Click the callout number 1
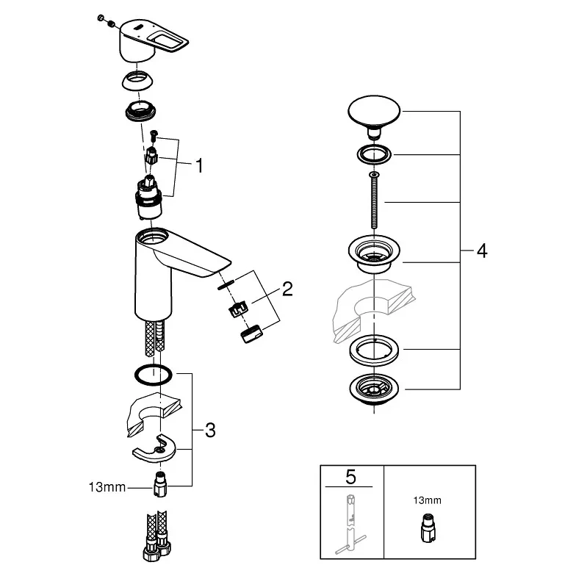pyautogui.click(x=199, y=166)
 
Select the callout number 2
pyautogui.click(x=287, y=289)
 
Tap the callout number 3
pyautogui.click(x=210, y=431)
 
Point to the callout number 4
pyautogui.click(x=482, y=251)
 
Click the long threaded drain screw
pyautogui.click(x=374, y=200)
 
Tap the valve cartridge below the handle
pyautogui.click(x=148, y=198)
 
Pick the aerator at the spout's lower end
pyautogui.click(x=252, y=334)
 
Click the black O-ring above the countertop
pyautogui.click(x=153, y=375)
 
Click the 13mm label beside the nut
pyautogui.click(x=107, y=488)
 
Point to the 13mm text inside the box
pyautogui.click(x=428, y=500)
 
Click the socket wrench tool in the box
pyautogui.click(x=350, y=523)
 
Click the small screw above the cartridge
pyautogui.click(x=154, y=135)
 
